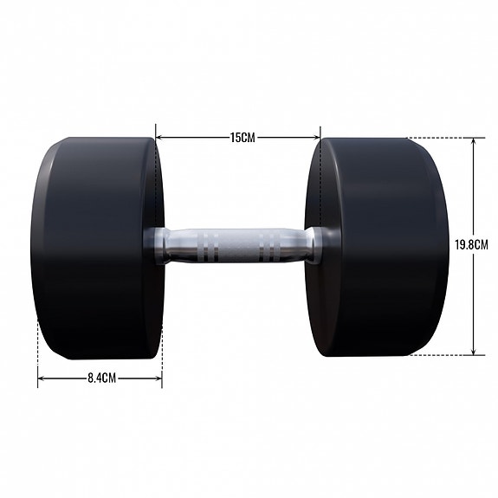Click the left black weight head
click(95, 247)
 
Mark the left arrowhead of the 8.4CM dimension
click(41, 378)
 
